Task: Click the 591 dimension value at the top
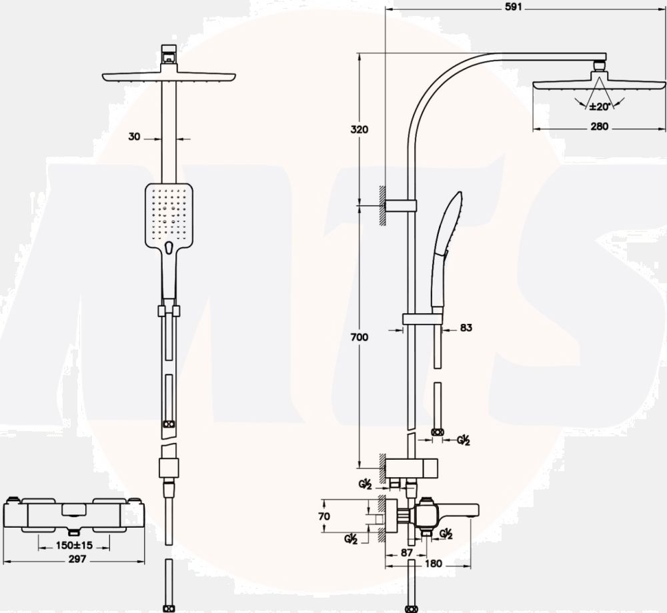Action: click(x=513, y=7)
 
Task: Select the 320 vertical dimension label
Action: click(x=360, y=129)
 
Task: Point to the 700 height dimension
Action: click(x=360, y=337)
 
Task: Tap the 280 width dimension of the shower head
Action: click(x=599, y=126)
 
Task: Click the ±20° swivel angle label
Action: click(x=600, y=106)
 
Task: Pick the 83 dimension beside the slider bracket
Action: click(x=466, y=328)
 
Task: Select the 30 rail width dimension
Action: click(x=134, y=137)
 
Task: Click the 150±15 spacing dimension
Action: click(x=74, y=545)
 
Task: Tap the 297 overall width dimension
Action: click(x=77, y=559)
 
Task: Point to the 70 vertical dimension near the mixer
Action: click(x=324, y=516)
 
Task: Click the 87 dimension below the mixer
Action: click(x=407, y=552)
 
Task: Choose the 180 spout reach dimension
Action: click(x=434, y=563)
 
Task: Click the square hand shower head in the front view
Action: click(x=169, y=217)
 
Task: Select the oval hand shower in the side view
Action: click(x=446, y=251)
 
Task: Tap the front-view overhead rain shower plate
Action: click(x=169, y=77)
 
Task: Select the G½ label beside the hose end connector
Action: click(x=464, y=440)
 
